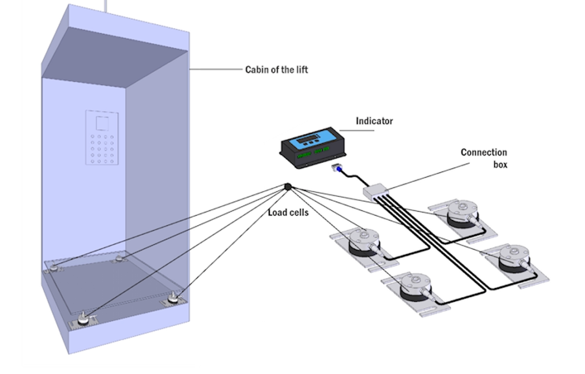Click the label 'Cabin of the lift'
tap(276, 69)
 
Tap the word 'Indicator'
tap(374, 121)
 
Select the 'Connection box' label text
tap(484, 158)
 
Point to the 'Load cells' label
tap(288, 212)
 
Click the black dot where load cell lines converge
tap(288, 187)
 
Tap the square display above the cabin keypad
tap(102, 123)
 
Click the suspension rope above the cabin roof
tap(106, 5)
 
